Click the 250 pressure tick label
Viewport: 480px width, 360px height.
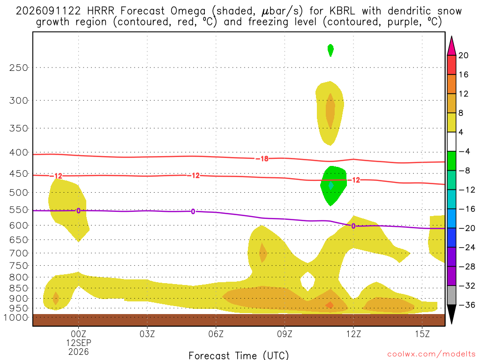point(18,67)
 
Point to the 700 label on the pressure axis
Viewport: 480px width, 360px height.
point(18,253)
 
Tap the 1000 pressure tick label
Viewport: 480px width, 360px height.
point(15,318)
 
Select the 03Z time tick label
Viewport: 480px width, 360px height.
point(147,334)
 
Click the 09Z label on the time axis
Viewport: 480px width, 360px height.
point(285,334)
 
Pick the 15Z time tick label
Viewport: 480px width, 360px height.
point(422,334)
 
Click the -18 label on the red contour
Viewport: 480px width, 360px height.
point(262,158)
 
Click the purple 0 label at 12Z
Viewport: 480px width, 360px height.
point(353,226)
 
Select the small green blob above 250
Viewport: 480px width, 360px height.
point(330,50)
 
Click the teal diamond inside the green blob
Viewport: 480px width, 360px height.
point(331,185)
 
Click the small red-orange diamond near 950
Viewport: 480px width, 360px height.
point(330,305)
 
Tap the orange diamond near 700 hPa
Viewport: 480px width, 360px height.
point(263,253)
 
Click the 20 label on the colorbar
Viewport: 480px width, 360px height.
point(464,55)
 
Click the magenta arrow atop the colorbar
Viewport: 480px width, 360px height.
point(451,46)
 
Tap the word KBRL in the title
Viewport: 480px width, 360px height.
point(342,11)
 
